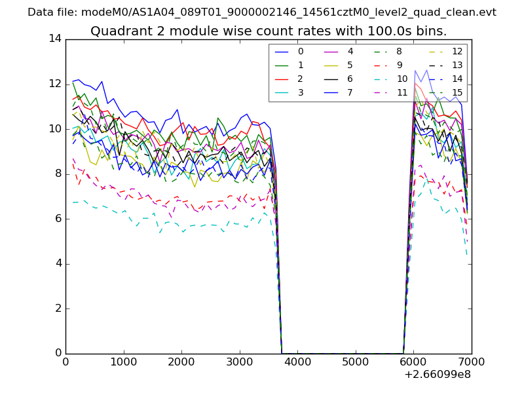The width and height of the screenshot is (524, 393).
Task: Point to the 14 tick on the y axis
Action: [55, 39]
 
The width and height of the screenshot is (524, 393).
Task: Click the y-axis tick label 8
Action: [58, 174]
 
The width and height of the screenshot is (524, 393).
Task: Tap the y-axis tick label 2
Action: [58, 309]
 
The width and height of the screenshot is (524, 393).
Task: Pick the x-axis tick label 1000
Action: [123, 361]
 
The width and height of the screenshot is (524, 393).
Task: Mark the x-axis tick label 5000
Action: [355, 361]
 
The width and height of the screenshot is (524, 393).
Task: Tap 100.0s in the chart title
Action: [386, 31]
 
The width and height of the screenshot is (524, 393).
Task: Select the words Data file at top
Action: [51, 12]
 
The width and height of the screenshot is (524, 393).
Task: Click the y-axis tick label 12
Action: [55, 84]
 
